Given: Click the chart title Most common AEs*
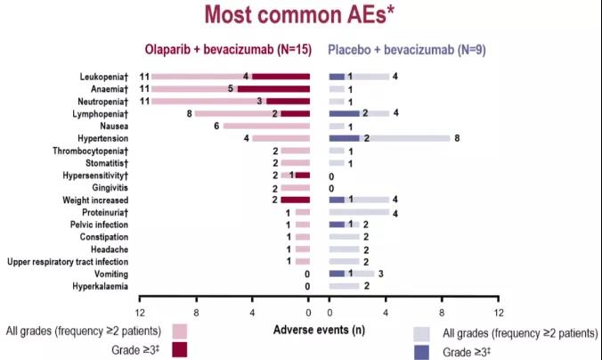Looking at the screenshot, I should click(x=302, y=15).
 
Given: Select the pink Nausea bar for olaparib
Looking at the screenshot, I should click(x=254, y=127).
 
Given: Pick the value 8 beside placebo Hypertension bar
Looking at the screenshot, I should click(x=457, y=139).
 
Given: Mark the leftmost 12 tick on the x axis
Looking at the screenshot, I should click(x=140, y=313).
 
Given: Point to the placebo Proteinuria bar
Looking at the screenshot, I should click(x=358, y=212).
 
